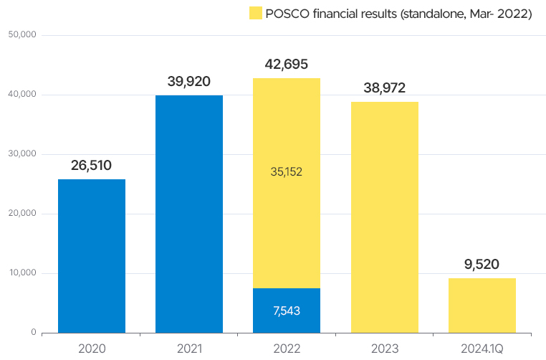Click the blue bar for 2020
92,256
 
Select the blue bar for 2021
189,214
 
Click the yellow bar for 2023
384,217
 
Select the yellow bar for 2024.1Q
482,305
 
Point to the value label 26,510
91,166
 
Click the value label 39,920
188,82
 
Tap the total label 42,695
286,65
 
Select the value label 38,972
384,88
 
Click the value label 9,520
482,265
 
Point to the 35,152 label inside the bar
287,172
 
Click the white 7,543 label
287,311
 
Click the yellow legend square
254,14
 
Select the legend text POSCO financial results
398,14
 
